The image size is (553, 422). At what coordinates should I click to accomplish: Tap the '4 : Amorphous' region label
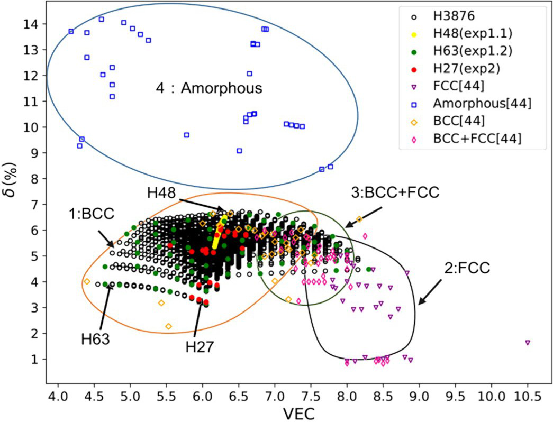coord(209,88)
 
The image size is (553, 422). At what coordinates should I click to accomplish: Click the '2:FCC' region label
coord(466,268)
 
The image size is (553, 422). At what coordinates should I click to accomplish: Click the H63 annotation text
coord(96,338)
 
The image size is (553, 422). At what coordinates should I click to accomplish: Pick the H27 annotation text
coord(200,347)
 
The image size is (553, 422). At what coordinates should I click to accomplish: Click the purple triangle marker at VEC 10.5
coord(528,343)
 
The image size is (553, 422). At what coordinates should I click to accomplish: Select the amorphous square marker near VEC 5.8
coord(186,135)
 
